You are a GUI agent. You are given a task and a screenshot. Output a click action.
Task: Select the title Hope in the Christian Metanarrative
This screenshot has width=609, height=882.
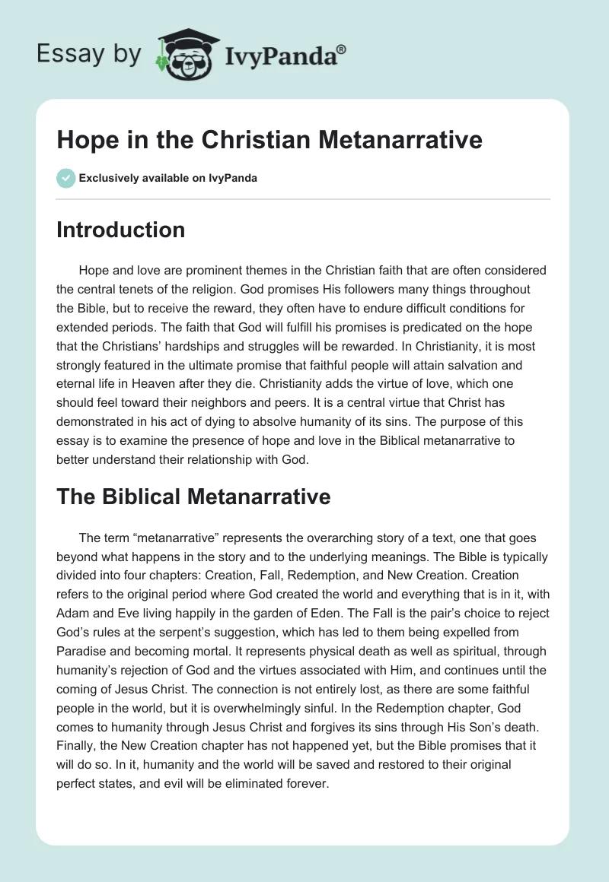[x=269, y=140]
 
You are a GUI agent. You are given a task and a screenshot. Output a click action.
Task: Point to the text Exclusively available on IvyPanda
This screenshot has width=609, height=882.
[x=168, y=179]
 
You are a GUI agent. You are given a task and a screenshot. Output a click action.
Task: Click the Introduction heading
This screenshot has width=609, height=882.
[x=120, y=230]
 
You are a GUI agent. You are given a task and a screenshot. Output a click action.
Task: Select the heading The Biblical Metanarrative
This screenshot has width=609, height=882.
[x=193, y=497]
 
